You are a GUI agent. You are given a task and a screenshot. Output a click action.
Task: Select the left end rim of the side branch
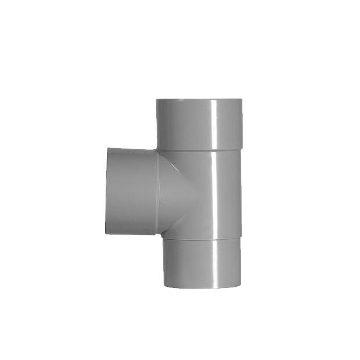pos(107,191)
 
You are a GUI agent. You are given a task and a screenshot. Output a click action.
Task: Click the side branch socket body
pos(131,191)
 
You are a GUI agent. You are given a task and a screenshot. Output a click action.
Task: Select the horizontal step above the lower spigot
pos(200,237)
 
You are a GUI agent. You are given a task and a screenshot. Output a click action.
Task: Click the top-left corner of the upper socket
pos(157,100)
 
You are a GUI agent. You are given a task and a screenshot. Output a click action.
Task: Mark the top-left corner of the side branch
pos(107,149)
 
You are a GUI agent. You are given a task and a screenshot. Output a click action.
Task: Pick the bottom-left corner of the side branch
pos(106,233)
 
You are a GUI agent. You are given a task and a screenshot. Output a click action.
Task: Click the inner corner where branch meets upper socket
pos(157,150)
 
